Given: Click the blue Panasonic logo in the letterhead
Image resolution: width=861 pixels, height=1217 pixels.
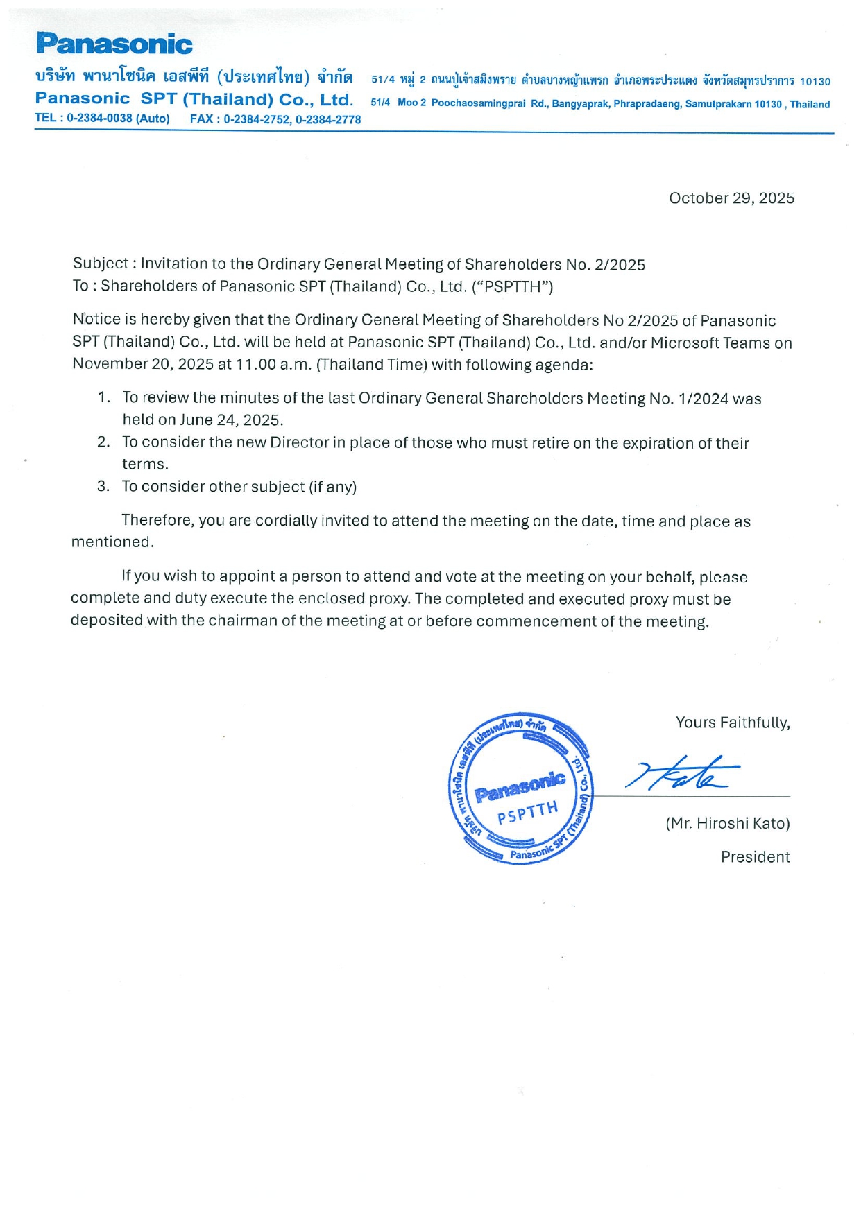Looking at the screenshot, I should [x=114, y=44].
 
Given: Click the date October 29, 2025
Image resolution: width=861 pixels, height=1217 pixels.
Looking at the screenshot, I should [x=731, y=198].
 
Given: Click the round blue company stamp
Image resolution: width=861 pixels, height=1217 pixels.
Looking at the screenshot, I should [x=520, y=788].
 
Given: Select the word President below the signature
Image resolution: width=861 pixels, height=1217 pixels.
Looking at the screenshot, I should [x=755, y=857].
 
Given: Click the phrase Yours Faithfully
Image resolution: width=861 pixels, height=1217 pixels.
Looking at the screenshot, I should [x=733, y=723].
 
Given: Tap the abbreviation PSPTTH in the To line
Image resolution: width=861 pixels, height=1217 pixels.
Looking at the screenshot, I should [x=513, y=287].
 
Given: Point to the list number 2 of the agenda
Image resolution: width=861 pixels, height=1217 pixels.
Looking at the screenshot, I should [x=103, y=442].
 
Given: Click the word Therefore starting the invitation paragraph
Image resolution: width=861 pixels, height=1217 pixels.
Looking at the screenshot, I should [x=157, y=521].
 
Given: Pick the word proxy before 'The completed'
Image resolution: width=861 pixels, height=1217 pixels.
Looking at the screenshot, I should [x=391, y=598].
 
